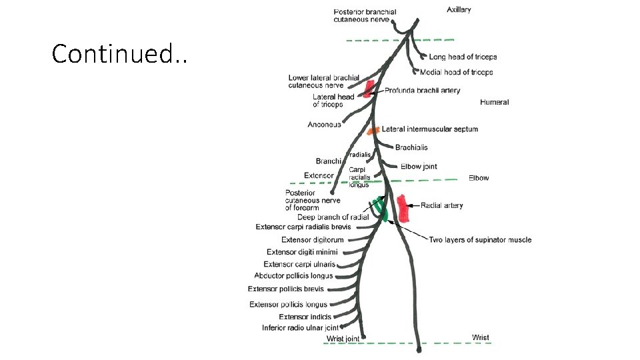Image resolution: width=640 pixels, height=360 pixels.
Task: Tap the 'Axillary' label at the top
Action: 459,10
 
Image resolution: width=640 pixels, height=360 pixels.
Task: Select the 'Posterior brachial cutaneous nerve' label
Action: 365,16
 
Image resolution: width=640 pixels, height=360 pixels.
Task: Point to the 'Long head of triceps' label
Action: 463,57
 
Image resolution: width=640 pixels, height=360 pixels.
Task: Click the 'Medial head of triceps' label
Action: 457,72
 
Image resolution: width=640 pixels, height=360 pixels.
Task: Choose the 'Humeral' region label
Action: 494,102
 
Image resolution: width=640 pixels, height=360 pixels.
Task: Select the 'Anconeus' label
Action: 324,125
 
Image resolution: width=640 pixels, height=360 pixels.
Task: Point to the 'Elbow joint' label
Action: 419,167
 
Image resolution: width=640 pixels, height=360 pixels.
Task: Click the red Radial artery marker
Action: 403,208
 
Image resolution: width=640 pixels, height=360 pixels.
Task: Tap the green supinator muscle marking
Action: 380,207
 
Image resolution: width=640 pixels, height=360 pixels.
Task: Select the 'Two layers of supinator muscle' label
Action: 480,240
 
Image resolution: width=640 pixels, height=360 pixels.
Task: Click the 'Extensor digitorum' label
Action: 313,240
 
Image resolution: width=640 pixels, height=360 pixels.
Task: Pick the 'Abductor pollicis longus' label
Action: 293,276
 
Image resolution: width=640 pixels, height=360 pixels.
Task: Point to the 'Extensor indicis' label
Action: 305,317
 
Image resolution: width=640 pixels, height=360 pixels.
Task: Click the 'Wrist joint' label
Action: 343,339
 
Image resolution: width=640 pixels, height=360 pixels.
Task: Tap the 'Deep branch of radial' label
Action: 333,217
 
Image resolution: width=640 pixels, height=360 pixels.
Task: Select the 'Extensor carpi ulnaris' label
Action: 299,265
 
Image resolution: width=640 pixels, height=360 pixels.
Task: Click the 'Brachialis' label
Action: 411,147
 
